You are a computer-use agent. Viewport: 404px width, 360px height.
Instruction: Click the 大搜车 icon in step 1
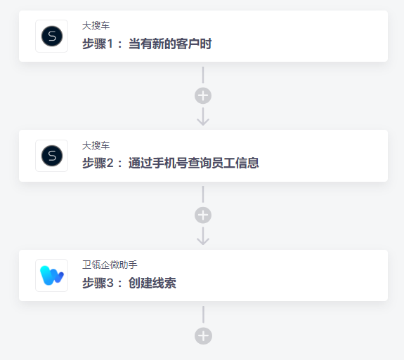click(52, 36)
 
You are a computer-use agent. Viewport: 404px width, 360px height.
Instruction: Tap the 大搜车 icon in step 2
click(52, 156)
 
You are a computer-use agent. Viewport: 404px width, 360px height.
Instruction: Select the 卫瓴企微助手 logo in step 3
click(52, 275)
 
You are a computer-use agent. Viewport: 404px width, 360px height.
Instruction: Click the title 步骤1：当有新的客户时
click(147, 44)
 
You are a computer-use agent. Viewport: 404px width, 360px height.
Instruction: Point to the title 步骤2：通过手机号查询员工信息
click(171, 163)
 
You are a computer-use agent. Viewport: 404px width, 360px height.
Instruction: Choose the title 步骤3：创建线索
click(129, 283)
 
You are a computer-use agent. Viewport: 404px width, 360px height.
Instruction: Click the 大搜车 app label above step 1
click(96, 26)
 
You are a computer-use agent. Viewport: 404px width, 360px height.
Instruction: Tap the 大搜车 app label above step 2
click(96, 146)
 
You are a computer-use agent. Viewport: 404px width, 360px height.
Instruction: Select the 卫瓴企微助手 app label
click(110, 265)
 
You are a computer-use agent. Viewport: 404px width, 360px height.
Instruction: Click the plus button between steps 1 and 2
click(203, 95)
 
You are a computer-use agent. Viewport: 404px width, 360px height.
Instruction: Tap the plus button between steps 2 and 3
click(203, 215)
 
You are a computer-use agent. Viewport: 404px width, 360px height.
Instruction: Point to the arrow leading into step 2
click(203, 116)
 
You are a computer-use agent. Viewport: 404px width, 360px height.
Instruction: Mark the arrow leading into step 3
click(203, 236)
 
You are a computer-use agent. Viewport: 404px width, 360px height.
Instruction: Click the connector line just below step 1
click(203, 75)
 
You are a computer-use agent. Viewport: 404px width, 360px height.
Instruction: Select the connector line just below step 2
click(203, 194)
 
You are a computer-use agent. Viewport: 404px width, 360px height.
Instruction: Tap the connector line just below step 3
click(203, 314)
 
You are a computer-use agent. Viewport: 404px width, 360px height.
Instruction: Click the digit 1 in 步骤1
click(110, 44)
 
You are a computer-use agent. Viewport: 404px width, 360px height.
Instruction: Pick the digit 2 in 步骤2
click(110, 163)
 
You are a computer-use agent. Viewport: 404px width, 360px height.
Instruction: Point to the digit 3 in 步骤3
click(110, 283)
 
